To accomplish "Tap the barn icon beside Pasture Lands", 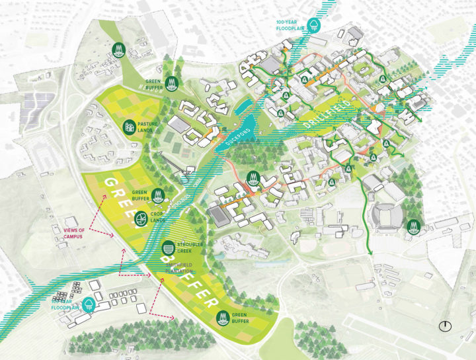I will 130,125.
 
